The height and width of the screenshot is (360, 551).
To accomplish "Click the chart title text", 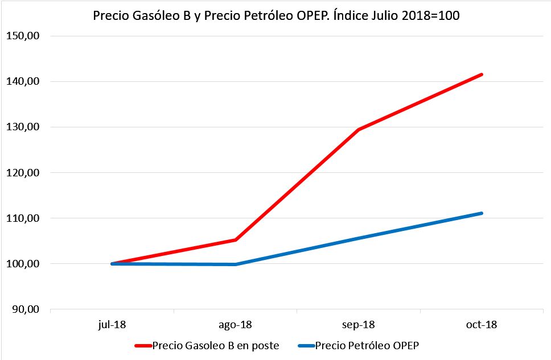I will pyautogui.click(x=276, y=16).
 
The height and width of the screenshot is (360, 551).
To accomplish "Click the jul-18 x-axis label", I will pyautogui.click(x=112, y=325).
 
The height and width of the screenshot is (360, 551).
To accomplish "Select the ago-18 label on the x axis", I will pyautogui.click(x=235, y=325).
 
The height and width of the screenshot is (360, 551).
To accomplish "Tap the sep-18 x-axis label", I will pyautogui.click(x=359, y=325).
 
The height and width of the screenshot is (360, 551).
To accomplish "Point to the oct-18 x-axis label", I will pyautogui.click(x=482, y=325).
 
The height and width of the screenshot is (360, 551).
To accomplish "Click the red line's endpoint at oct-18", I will pyautogui.click(x=482, y=75).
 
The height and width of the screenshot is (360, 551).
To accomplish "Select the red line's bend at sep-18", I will pyautogui.click(x=359, y=130).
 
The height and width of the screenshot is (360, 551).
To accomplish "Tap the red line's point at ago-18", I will pyautogui.click(x=235, y=240).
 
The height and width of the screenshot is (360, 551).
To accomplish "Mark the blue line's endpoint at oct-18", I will pyautogui.click(x=482, y=213).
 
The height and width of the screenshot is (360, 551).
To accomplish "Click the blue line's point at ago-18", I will pyautogui.click(x=235, y=264).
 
